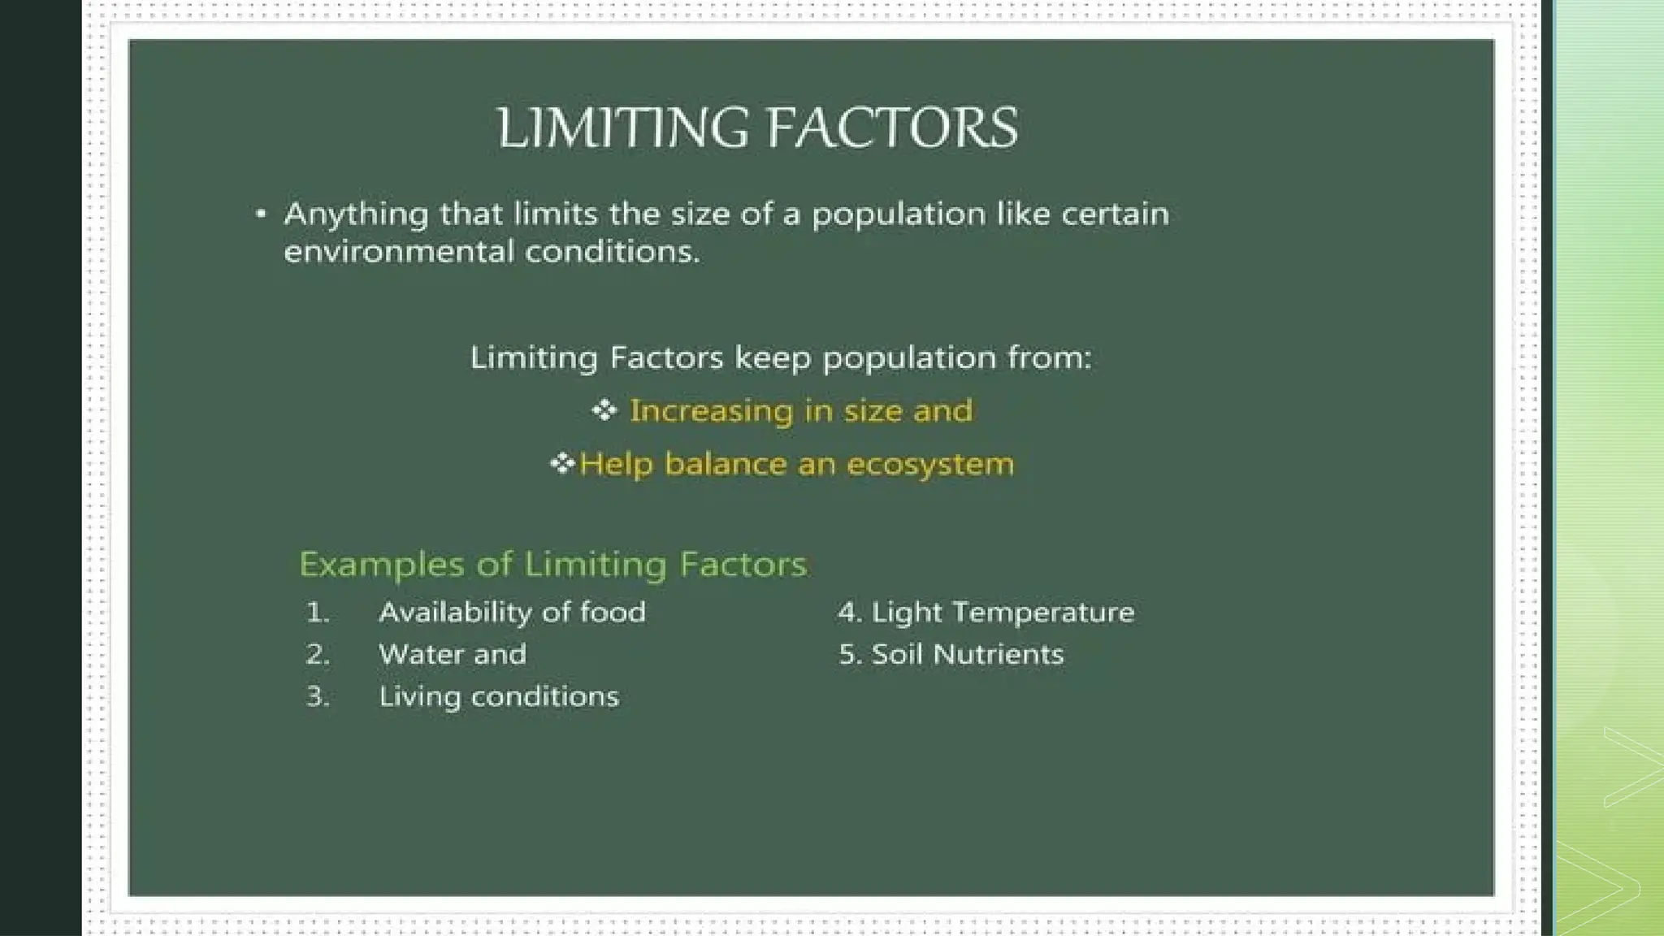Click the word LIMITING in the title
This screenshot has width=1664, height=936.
622,128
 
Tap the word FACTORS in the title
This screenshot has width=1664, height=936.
891,128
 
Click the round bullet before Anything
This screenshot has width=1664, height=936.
261,214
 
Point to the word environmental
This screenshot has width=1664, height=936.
399,251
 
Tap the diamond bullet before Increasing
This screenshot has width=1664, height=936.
604,410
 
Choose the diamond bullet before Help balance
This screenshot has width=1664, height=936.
562,464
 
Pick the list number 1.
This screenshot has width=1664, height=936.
318,612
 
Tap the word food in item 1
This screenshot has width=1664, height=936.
613,612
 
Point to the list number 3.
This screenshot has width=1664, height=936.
318,696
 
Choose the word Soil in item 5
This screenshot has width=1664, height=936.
898,654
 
